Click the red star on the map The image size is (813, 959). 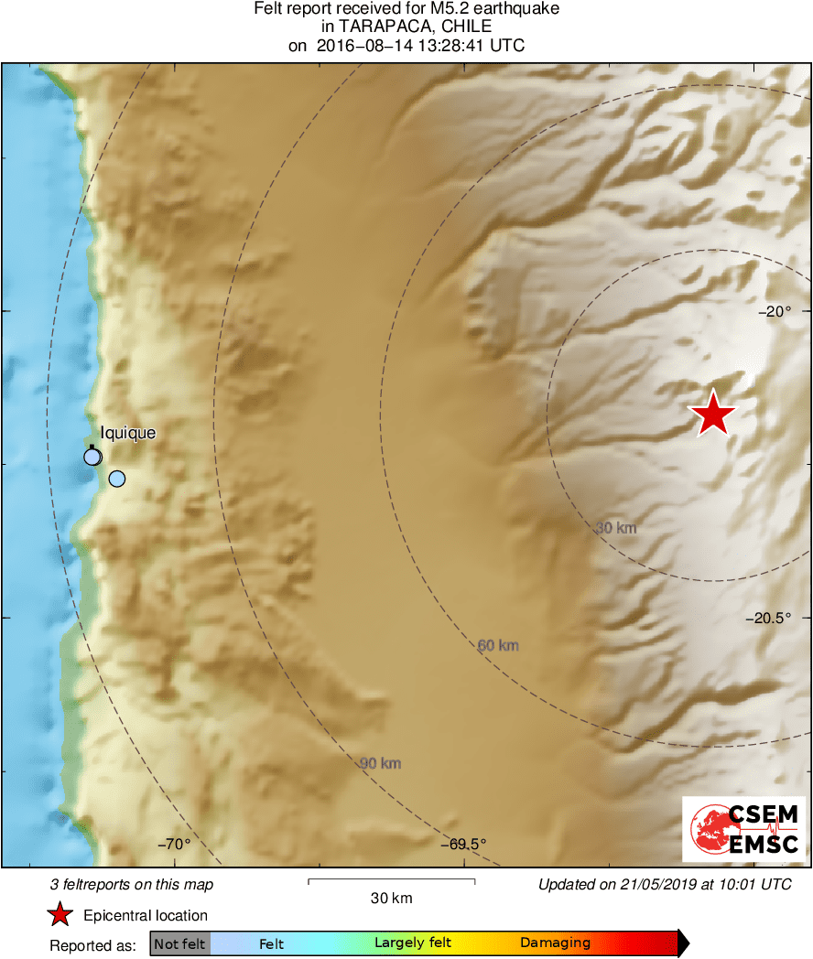(713, 414)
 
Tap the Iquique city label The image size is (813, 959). (128, 433)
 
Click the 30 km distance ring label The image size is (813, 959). (615, 528)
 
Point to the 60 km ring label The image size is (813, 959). (498, 645)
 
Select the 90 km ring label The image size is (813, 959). (380, 763)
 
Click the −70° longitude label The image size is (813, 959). (173, 844)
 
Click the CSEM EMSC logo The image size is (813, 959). (744, 829)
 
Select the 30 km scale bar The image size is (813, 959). (391, 881)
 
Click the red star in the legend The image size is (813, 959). (60, 915)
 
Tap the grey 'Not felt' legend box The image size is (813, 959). (180, 943)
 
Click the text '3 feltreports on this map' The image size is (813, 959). (132, 885)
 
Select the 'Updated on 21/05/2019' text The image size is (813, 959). (665, 885)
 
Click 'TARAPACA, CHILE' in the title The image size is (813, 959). (406, 27)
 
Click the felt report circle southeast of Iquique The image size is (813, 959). (116, 479)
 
